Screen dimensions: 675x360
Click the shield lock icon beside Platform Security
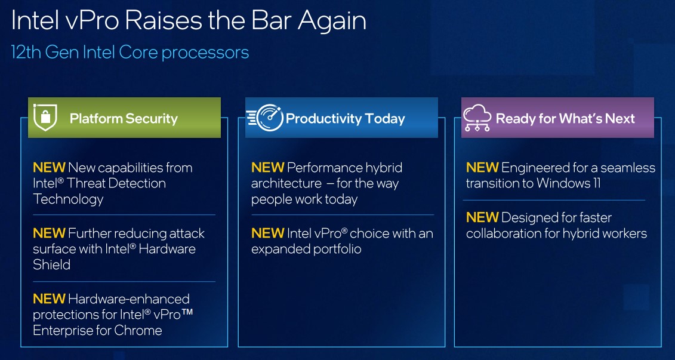click(45, 118)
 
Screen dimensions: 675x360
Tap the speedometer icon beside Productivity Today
click(265, 117)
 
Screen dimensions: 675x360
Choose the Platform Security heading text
click(124, 118)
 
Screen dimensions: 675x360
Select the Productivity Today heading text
click(345, 118)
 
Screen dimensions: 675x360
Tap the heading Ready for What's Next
click(565, 118)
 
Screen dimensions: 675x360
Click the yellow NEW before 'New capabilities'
click(49, 168)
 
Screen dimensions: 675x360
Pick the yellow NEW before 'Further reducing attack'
click(49, 233)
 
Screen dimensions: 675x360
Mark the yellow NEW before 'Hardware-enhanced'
click(49, 299)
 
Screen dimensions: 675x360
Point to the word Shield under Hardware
click(51, 264)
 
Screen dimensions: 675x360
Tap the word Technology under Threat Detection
click(68, 199)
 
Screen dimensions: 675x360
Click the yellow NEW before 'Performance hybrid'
click(268, 168)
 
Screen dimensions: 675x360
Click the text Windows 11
click(568, 183)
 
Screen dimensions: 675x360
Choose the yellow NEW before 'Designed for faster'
click(483, 217)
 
